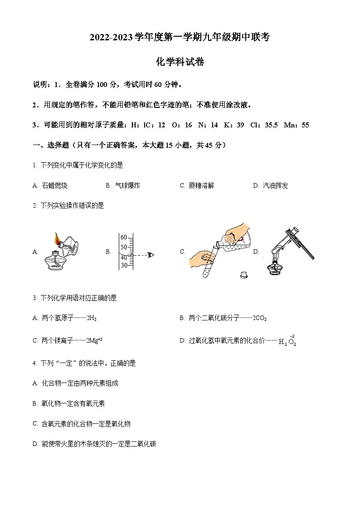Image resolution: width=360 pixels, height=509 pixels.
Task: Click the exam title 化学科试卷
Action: (x=180, y=62)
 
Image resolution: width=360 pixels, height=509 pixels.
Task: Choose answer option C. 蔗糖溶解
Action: (x=201, y=185)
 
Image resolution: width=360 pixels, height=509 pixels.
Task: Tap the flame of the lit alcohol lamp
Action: (x=58, y=238)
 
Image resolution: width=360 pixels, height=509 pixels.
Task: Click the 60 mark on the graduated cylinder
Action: (x=123, y=237)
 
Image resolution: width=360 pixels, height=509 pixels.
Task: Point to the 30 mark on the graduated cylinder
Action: (x=123, y=265)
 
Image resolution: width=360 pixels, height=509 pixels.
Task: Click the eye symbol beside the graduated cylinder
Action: (x=151, y=255)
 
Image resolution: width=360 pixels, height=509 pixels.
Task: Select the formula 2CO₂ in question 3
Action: (x=259, y=318)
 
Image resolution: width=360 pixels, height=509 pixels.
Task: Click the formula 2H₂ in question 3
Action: (x=91, y=318)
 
